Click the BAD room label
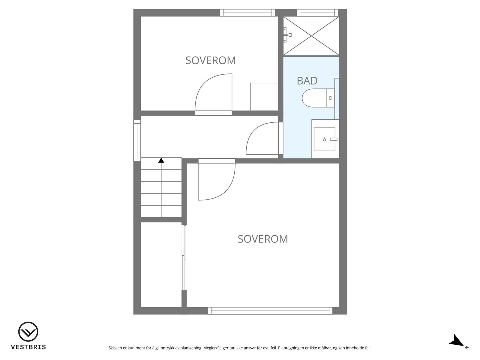tap(307, 81)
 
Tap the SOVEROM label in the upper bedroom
tap(211, 60)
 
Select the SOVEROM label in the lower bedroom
tap(262, 239)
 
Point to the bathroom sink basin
tap(324, 139)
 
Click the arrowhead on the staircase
tap(161, 160)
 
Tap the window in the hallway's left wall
tap(137, 140)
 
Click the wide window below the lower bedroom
tap(270, 311)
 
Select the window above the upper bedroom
tap(247, 13)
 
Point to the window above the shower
tap(317, 13)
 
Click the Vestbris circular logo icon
tap(28, 332)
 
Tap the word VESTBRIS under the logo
tap(28, 347)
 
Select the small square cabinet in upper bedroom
tap(264, 97)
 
